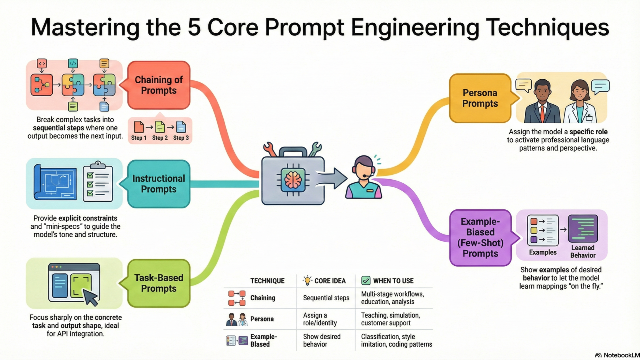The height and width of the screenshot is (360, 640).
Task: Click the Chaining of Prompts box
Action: coord(158,85)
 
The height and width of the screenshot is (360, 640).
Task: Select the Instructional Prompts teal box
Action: coord(158,184)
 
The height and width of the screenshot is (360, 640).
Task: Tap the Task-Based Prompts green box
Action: coord(158,283)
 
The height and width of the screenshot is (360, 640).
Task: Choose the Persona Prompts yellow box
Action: coord(480,98)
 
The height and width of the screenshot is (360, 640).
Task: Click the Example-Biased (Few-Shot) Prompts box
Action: coord(480,237)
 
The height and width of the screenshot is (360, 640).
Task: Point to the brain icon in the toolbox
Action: coord(292,178)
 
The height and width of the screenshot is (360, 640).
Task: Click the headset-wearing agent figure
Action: coord(364,177)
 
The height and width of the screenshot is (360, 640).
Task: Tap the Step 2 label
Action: coord(160,138)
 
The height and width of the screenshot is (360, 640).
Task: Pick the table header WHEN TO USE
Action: coord(393,281)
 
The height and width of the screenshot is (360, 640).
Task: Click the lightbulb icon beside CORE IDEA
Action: coord(307,280)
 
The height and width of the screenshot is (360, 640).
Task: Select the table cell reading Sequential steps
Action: coord(326,298)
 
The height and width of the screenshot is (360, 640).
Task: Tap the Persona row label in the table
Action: coord(261,319)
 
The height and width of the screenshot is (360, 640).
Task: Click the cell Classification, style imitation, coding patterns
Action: coord(396,340)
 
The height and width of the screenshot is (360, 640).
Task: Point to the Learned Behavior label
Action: coord(583,251)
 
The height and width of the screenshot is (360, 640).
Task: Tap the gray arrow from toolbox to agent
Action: coord(335,177)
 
